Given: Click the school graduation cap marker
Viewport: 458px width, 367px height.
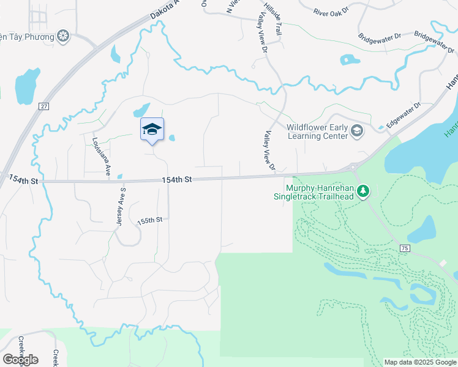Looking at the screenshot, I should click(152, 129).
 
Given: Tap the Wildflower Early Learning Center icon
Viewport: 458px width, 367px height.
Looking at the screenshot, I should click(357, 130).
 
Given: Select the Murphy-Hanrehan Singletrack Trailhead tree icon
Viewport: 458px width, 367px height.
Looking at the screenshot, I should click(364, 191).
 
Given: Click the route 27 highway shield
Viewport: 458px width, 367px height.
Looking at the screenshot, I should click(43, 106).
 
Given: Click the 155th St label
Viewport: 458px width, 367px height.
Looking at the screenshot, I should click(150, 220).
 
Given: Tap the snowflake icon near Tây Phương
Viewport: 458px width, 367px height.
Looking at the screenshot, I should click(62, 36).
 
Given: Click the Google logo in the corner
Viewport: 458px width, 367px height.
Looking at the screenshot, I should click(20, 359).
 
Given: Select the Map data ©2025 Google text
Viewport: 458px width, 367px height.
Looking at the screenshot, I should click(419, 362).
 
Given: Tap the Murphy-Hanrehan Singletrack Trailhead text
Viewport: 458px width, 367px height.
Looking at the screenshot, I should click(320, 191).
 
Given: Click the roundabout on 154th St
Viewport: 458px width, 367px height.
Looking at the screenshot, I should click(353, 167).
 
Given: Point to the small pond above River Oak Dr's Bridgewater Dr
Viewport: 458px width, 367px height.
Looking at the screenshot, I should click(349, 60).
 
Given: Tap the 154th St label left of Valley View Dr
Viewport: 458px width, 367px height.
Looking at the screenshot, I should click(177, 179).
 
